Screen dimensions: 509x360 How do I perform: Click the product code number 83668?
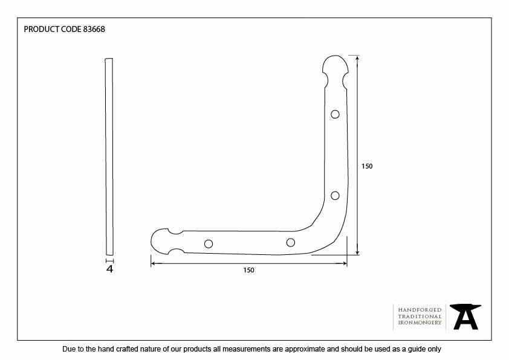pyautogui.click(x=94, y=29)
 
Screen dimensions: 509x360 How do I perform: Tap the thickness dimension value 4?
pyautogui.click(x=110, y=269)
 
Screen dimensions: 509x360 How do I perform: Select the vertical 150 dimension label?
pyautogui.click(x=367, y=166)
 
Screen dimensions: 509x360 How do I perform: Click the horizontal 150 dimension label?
pyautogui.click(x=248, y=270)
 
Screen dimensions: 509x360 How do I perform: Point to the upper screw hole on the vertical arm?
pyautogui.click(x=335, y=114)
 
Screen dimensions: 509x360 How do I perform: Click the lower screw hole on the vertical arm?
pyautogui.click(x=335, y=196)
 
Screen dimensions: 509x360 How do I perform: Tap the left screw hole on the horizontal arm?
pyautogui.click(x=209, y=244)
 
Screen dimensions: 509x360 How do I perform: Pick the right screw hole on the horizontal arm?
pyautogui.click(x=291, y=243)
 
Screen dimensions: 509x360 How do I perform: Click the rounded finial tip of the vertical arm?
pyautogui.click(x=336, y=56)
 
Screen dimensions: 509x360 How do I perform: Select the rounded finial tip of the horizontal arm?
pyautogui.click(x=152, y=241)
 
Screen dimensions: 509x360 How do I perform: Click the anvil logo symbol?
pyautogui.click(x=465, y=317)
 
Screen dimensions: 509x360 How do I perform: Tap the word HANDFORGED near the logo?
pyautogui.click(x=420, y=310)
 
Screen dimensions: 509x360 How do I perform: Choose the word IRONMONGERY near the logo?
pyautogui.click(x=420, y=323)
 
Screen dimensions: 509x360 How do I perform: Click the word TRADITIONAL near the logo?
pyautogui.click(x=420, y=317)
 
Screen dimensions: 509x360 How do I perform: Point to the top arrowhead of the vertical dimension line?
pyautogui.click(x=357, y=58)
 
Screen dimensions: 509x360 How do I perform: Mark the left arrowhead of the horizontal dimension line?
pyautogui.click(x=153, y=263)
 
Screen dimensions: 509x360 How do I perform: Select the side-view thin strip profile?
pyautogui.click(x=109, y=156)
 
